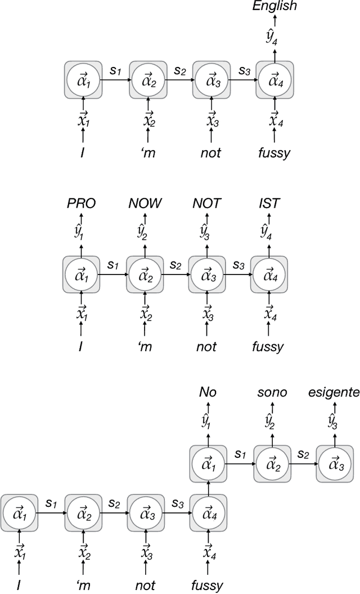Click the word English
274,7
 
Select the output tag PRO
81,203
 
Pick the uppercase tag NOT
208,203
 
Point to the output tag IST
269,203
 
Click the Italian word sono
272,392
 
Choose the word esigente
334,392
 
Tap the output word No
208,392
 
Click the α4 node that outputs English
275,80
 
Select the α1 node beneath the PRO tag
81,276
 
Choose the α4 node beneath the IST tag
269,276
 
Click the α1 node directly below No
208,463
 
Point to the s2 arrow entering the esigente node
304,462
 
